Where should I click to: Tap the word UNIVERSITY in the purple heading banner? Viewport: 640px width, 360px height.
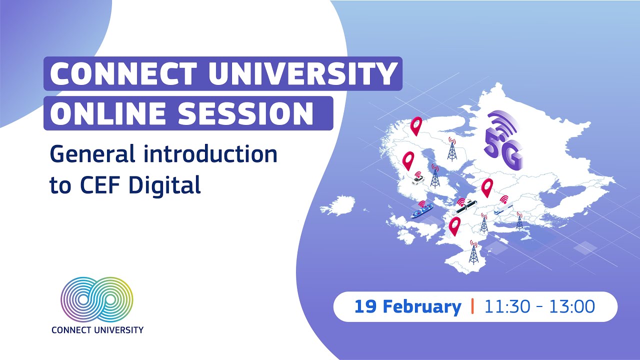point(302,74)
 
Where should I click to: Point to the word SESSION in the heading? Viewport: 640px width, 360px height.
point(246,113)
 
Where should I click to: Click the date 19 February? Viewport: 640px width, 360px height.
point(407,306)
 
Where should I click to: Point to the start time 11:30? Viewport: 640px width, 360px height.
point(510,306)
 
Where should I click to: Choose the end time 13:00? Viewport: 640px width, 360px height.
point(572,306)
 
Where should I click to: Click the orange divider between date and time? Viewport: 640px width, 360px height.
point(472,306)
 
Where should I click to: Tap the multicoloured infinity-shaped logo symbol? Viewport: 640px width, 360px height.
point(97,299)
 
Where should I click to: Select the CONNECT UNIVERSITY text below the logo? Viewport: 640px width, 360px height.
point(97,330)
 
